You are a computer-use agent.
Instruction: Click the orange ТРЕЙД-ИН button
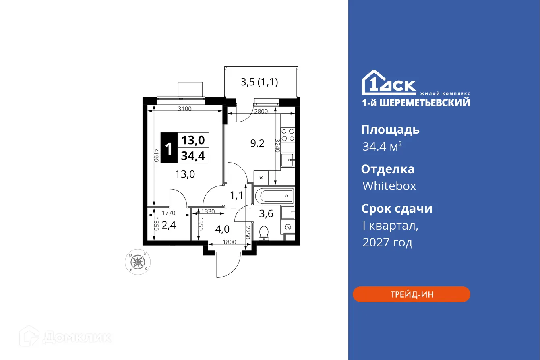coord(411,294)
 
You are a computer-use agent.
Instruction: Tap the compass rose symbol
coord(138,262)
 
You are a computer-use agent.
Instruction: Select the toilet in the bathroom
coord(264,233)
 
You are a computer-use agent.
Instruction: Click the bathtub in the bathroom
coord(273,197)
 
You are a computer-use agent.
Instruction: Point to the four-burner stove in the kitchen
coord(288,134)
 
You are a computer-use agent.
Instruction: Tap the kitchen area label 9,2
coord(257,143)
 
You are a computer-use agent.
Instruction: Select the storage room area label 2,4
coord(169,225)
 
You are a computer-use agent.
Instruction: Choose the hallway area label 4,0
coord(222,229)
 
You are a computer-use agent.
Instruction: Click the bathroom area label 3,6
coord(266,213)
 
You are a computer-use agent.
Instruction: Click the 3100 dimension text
coord(184,108)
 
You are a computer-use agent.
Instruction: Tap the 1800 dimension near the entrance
coord(230,242)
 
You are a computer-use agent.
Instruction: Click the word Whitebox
coord(389,186)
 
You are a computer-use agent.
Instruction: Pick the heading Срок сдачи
coord(397,209)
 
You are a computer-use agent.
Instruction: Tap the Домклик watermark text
coord(77,337)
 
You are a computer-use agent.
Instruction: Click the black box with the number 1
coord(169,148)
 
